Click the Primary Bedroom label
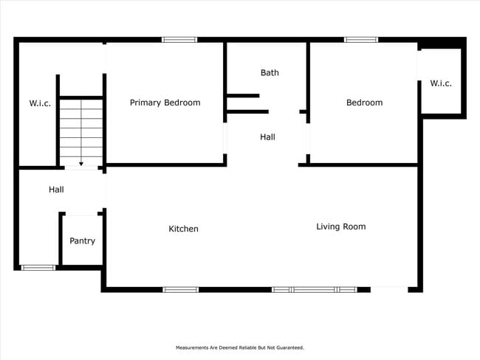pos(165,103)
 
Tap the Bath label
pos(270,72)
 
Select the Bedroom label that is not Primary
pos(364,103)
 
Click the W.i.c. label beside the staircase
pos(40,103)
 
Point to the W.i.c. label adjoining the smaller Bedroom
pos(441,83)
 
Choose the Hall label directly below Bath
pos(267,136)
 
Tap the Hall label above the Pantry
pos(56,190)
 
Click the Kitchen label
pos(183,229)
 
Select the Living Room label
pos(340,226)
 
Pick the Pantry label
pos(82,240)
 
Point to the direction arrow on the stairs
pos(81,163)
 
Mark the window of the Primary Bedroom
pos(179,39)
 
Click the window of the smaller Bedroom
pos(361,39)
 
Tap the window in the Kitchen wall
pos(181,290)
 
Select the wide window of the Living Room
pos(315,290)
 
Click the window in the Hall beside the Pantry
pos(38,268)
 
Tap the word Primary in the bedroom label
pos(145,103)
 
